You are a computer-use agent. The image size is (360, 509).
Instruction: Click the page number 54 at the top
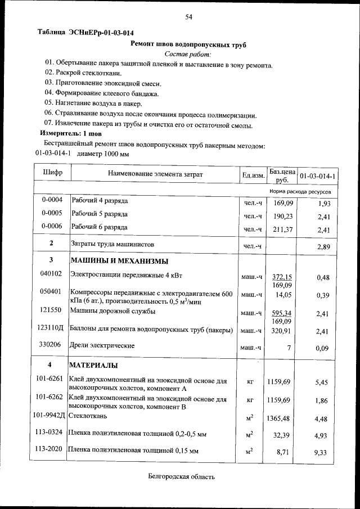[189, 17]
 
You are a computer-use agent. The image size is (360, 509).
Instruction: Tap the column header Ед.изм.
[253, 175]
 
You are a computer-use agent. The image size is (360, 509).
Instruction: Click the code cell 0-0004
[51, 200]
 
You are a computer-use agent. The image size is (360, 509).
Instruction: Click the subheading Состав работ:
[188, 54]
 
